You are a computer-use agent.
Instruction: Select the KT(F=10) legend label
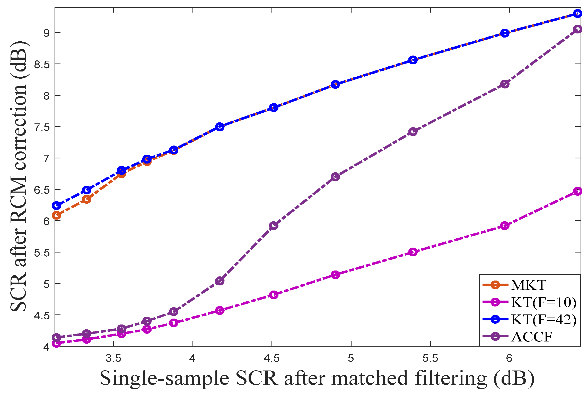(543, 302)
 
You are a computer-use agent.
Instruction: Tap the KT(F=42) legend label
(543, 320)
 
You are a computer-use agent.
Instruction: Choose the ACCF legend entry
(532, 337)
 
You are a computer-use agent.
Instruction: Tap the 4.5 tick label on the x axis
(272, 358)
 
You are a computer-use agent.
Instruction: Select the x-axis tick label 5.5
(430, 358)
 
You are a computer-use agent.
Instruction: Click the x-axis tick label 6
(509, 358)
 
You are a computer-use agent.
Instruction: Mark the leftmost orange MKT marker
(56, 215)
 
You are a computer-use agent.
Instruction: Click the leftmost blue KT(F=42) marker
(56, 205)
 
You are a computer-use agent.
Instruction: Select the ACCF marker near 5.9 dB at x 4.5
(274, 226)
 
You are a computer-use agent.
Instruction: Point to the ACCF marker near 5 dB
(220, 281)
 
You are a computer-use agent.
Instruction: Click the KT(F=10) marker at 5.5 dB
(413, 252)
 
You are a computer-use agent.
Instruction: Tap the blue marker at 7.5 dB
(220, 127)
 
